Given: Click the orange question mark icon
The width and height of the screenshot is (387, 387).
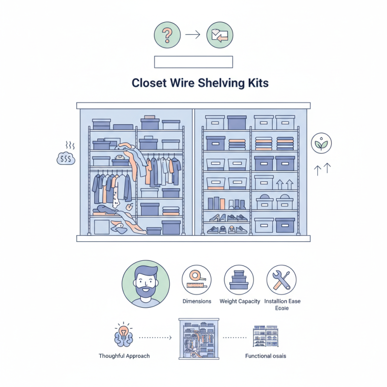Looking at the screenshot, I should pyautogui.click(x=167, y=35).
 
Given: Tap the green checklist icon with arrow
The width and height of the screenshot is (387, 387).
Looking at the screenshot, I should pyautogui.click(x=220, y=35).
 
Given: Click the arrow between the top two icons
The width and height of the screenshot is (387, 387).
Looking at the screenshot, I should pyautogui.click(x=193, y=35).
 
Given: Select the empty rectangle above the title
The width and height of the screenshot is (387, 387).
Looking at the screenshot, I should pyautogui.click(x=193, y=61).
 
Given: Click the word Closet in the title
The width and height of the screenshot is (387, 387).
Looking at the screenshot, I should pyautogui.click(x=149, y=83).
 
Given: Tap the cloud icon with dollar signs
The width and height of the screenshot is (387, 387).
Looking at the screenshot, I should pyautogui.click(x=66, y=158).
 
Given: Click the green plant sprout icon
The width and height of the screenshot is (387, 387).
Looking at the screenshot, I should pyautogui.click(x=322, y=144).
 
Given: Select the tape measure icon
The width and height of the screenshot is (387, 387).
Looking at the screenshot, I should pyautogui.click(x=196, y=279).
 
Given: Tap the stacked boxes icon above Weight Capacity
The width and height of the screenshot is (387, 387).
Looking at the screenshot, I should pyautogui.click(x=239, y=280).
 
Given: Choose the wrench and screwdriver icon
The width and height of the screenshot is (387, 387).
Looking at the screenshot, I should pyautogui.click(x=282, y=280).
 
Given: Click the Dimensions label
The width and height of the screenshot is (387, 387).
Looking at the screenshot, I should pyautogui.click(x=196, y=301).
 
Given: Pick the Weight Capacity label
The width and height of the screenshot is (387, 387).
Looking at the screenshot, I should pyautogui.click(x=239, y=301).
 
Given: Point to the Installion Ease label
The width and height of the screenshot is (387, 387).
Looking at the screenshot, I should pyautogui.click(x=282, y=301).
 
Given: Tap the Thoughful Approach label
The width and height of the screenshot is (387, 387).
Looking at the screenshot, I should pyautogui.click(x=124, y=356).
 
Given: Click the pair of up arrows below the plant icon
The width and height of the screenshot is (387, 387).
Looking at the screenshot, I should pyautogui.click(x=322, y=169).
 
